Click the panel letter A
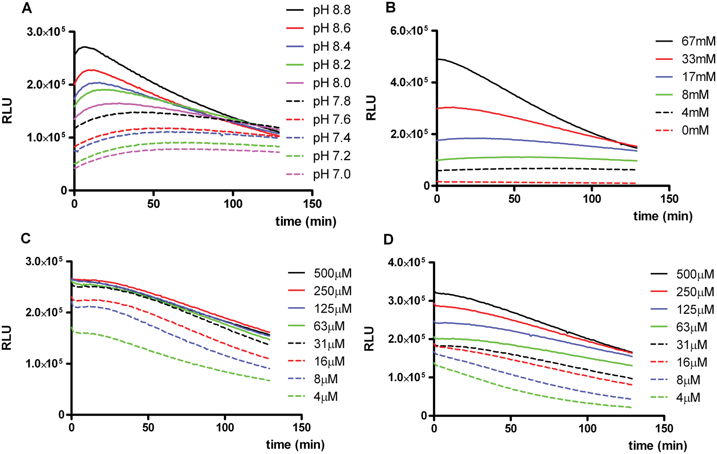click(x=27, y=8)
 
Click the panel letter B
click(x=391, y=8)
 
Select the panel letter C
click(x=26, y=238)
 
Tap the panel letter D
click(x=389, y=240)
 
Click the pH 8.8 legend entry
click(x=318, y=10)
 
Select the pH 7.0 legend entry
click(x=318, y=174)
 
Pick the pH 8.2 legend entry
click(x=318, y=65)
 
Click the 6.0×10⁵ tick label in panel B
click(x=409, y=30)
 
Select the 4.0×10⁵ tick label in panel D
click(x=407, y=263)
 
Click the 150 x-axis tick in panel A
click(x=312, y=204)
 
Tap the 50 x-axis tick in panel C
click(x=148, y=427)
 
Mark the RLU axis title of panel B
click(x=371, y=108)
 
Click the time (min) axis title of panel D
click(x=658, y=446)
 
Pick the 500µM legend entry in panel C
click(x=320, y=273)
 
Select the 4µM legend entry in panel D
click(x=675, y=397)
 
